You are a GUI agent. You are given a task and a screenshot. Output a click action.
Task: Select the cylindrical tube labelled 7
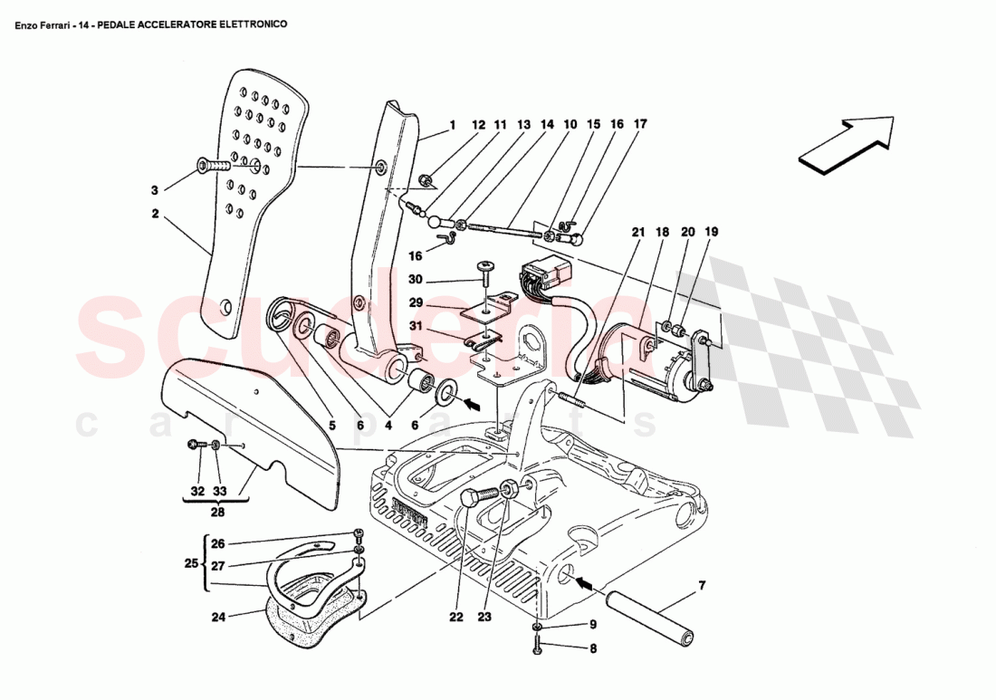click(649, 615)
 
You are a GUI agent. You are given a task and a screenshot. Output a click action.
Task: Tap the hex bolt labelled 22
click(477, 496)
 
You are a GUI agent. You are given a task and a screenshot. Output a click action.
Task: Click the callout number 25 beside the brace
click(191, 563)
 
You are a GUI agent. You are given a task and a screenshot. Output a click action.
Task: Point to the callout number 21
click(637, 233)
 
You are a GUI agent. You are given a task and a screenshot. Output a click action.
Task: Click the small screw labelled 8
click(538, 646)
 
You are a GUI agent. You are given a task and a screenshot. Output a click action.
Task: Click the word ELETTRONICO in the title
click(253, 24)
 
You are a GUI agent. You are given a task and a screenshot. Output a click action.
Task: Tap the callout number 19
click(713, 233)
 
